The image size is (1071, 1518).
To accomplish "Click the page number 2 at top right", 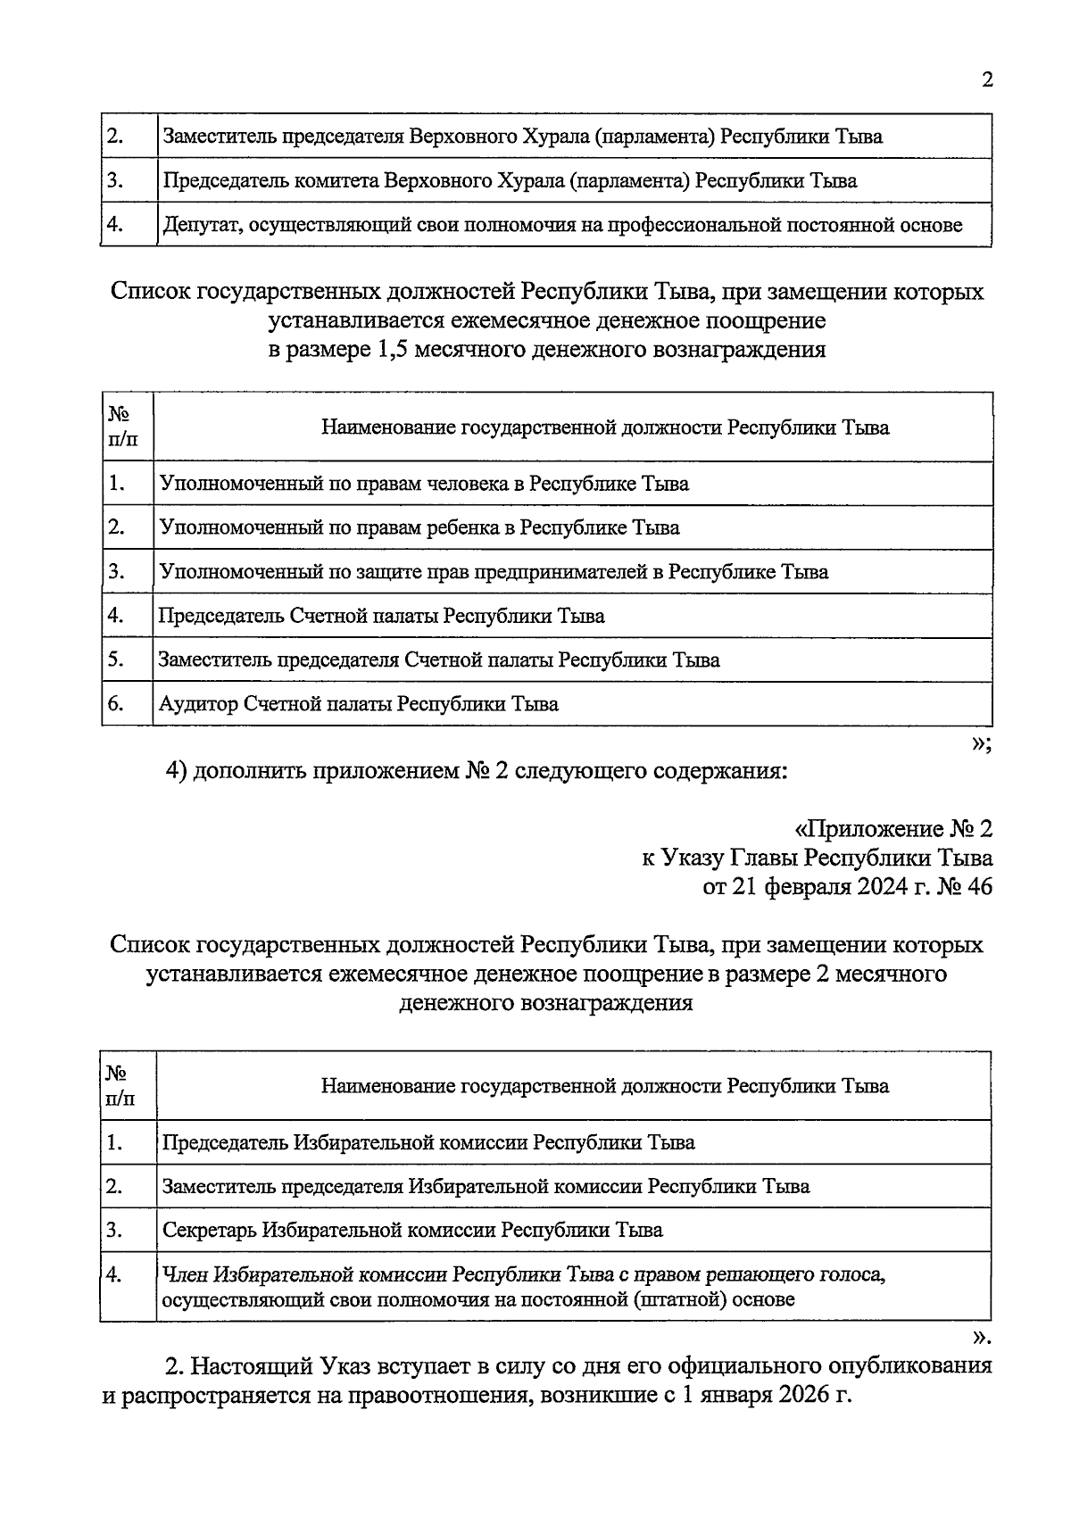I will pyautogui.click(x=986, y=80).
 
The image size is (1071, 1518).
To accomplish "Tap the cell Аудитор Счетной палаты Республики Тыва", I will pyautogui.click(x=359, y=704).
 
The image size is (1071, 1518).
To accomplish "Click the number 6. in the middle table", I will pyautogui.click(x=116, y=704).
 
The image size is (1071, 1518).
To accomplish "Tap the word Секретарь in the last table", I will pyautogui.click(x=209, y=1230).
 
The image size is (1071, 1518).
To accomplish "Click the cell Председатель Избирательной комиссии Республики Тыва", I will pyautogui.click(x=428, y=1142).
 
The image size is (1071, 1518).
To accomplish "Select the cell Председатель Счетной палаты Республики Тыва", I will pyautogui.click(x=381, y=616).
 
